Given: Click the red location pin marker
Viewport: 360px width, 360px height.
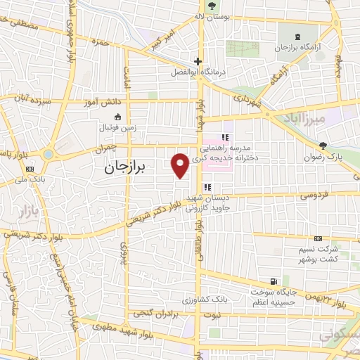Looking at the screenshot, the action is click(180, 165).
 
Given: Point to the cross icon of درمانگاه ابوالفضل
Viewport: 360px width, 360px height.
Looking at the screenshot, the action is click(199, 61).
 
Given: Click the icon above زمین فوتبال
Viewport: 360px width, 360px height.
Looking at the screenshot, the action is click(117, 117).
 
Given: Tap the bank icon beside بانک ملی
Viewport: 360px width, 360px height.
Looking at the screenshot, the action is click(30, 169).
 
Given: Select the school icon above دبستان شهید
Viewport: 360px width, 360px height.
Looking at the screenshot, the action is click(207, 187).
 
